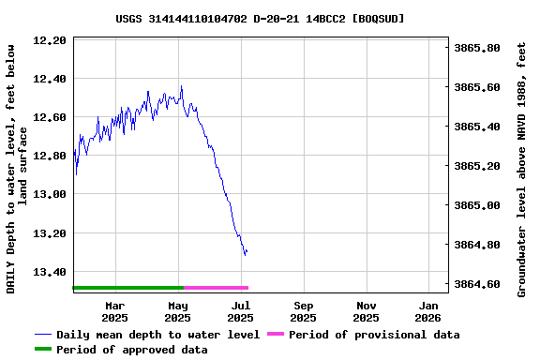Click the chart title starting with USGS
click(261, 18)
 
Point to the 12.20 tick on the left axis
click(49, 40)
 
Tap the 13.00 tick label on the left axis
click(49, 194)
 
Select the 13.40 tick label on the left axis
click(49, 272)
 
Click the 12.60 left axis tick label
click(49, 117)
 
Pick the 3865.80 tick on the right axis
click(476, 48)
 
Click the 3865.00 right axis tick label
click(476, 205)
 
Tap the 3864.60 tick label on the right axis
click(476, 284)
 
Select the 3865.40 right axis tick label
click(476, 127)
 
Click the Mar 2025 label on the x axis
click(114, 311)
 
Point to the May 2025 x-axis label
click(177, 311)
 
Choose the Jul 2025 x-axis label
click(241, 311)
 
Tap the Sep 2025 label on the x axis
click(304, 311)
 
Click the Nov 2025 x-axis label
click(367, 311)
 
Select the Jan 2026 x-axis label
click(429, 311)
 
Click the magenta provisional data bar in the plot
click(216, 288)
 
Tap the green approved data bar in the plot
click(127, 288)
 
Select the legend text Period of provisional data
click(374, 335)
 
